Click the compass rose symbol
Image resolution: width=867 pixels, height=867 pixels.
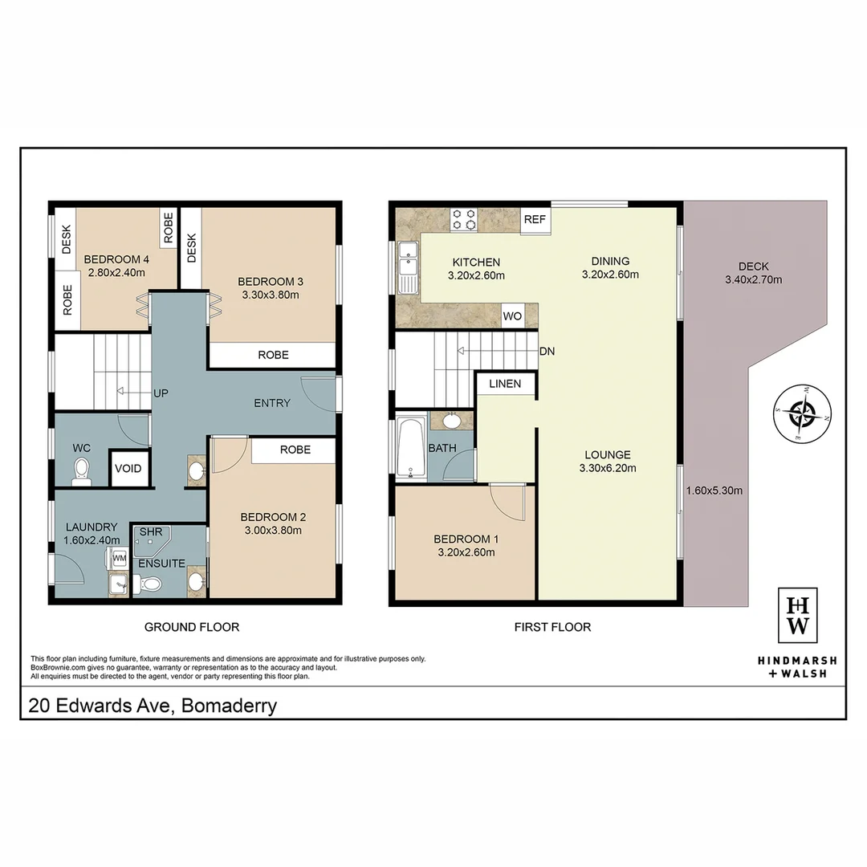802,413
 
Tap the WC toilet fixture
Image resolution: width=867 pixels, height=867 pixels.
81,472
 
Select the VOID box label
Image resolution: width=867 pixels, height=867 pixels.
128,469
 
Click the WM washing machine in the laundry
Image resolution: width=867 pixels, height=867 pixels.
119,557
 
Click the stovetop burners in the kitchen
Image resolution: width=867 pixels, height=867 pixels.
463,219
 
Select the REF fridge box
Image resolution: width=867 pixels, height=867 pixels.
534,219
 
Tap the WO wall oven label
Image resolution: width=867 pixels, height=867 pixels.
513,316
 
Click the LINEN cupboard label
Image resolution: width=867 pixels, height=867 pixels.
505,384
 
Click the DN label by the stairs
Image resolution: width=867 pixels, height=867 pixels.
547,351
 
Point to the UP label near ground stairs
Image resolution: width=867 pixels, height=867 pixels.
161,393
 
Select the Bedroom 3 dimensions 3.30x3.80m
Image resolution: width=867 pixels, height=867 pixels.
270,295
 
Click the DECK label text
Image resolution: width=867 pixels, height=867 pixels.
753,267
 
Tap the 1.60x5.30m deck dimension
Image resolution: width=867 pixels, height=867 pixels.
714,490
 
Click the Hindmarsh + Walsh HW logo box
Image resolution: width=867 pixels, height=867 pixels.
798,614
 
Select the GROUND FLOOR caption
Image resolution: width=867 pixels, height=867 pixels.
191,627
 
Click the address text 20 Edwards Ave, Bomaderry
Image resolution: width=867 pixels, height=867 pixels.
153,706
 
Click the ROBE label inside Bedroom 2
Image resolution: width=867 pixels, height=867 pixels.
295,450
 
